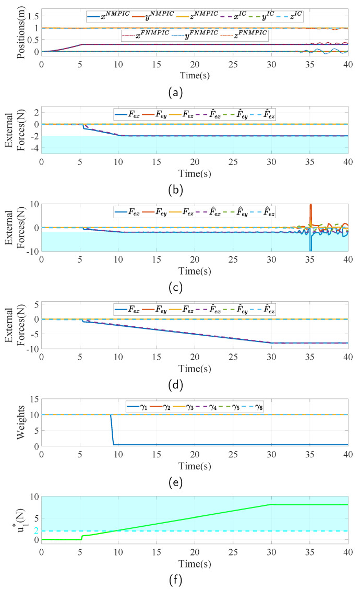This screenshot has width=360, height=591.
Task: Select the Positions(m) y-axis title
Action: pyautogui.click(x=21, y=31)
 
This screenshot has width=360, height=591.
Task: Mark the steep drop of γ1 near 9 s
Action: pyautogui.click(x=112, y=431)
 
